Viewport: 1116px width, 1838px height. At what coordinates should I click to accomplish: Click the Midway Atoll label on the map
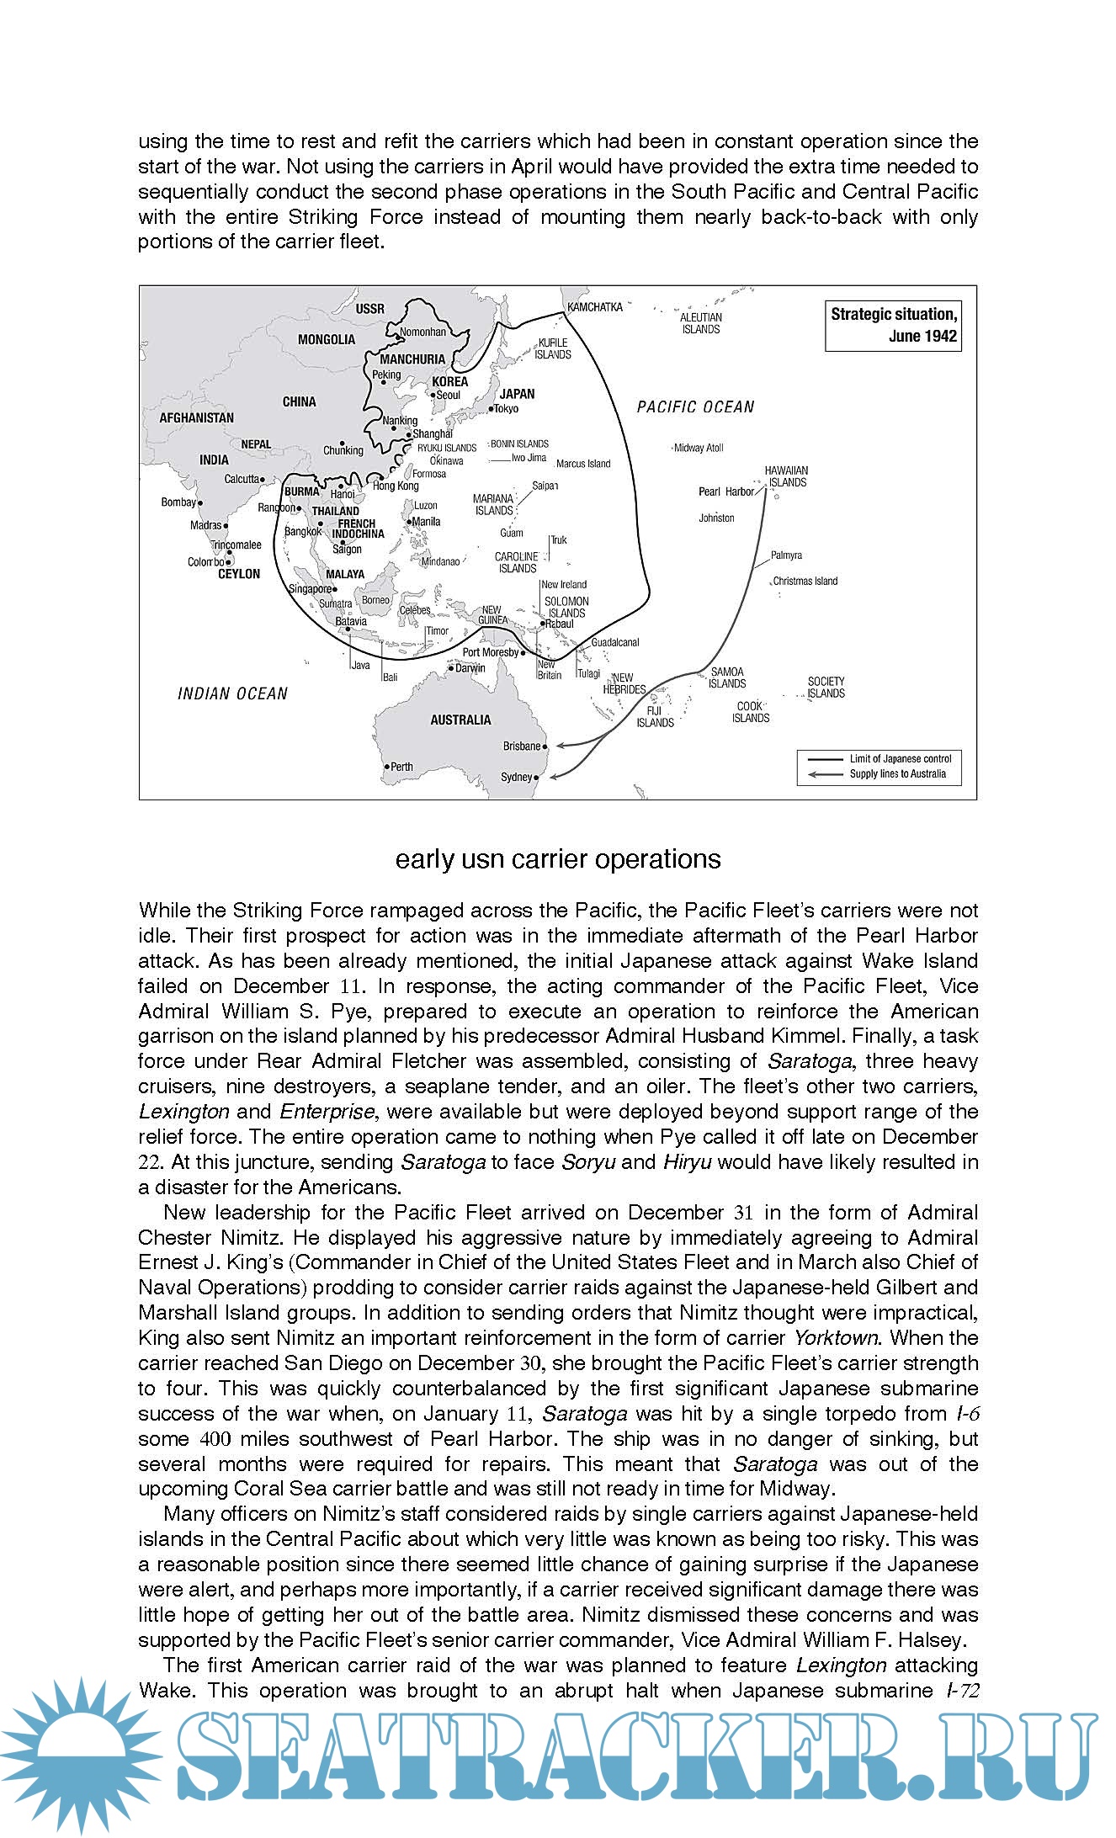(699, 448)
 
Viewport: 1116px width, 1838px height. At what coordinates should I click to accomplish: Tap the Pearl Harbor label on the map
(726, 491)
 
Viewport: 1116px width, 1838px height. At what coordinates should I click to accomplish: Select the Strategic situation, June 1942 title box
(893, 326)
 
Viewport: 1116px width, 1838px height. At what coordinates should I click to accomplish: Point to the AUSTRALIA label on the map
(460, 720)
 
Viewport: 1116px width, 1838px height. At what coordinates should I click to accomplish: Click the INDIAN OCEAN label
(232, 693)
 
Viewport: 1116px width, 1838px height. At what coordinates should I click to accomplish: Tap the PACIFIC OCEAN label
(695, 407)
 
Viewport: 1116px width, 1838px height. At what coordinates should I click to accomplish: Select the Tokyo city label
(506, 409)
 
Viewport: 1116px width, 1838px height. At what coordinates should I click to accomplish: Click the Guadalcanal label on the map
(615, 642)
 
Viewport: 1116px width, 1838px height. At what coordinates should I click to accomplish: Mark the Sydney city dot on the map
(537, 777)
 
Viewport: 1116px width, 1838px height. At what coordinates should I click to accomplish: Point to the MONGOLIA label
(327, 339)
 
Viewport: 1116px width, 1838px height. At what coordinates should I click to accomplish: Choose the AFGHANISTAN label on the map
(197, 417)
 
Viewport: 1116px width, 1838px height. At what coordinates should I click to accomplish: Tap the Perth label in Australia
(402, 767)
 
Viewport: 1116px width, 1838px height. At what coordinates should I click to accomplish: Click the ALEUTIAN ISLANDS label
(701, 323)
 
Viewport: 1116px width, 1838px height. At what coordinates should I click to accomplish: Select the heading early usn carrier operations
(558, 858)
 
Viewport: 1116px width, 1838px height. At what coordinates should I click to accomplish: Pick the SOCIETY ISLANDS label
(826, 687)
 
